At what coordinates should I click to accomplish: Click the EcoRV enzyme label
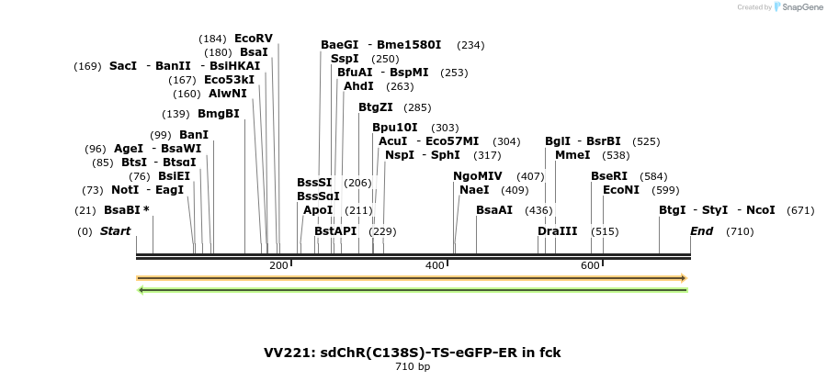coord(254,39)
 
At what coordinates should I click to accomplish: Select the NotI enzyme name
coord(124,190)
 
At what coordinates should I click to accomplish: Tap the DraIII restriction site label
coord(557,231)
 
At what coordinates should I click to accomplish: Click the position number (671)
coord(800,210)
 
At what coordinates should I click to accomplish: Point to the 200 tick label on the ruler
coord(278,265)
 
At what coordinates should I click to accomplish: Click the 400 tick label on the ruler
coord(434,265)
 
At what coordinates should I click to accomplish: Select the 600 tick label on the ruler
coord(590,265)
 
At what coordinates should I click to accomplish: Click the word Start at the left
coord(115,231)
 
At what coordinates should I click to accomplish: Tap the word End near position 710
coord(701,231)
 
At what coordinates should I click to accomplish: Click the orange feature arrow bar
coord(412,277)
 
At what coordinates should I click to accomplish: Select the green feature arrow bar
coord(412,290)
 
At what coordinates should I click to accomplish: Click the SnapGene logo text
coord(797,7)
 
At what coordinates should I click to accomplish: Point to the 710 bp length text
coord(413,366)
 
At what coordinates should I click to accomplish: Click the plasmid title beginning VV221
coord(413,353)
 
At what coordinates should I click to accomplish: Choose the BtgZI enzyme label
coord(376,107)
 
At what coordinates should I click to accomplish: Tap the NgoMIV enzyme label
coord(478,176)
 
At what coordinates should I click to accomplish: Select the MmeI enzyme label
coord(573,155)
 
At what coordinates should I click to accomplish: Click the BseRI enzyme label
coord(609,176)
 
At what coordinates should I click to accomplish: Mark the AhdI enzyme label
coord(358,86)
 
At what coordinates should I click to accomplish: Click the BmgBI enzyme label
coord(219,114)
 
